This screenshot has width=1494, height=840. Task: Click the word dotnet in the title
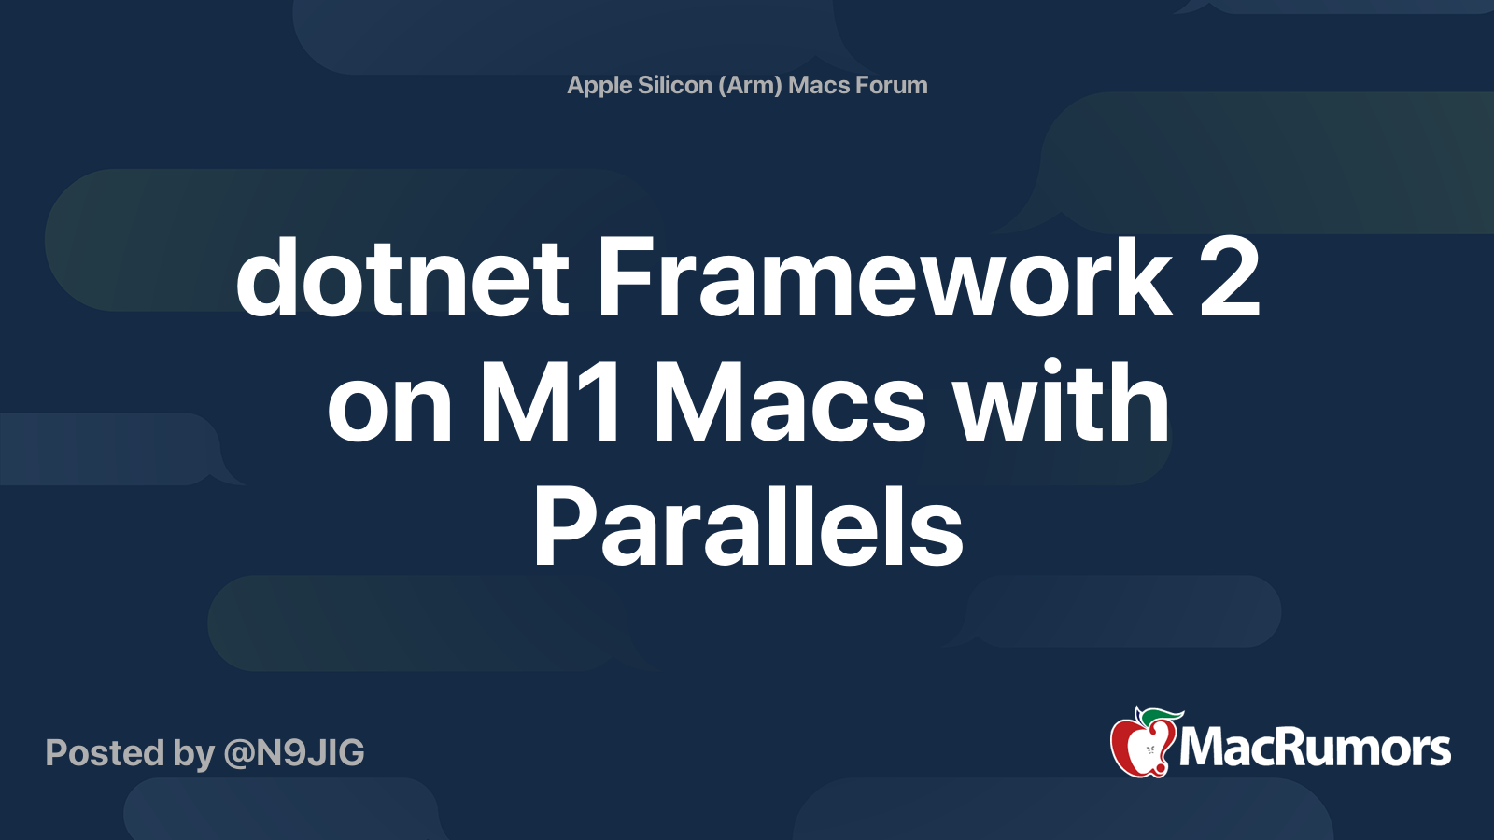pos(402,276)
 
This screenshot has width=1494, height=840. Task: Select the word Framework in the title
pos(884,276)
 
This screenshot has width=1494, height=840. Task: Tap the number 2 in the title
pos(1229,276)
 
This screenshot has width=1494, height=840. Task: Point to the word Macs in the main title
pos(790,401)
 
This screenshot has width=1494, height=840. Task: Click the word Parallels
pos(748,525)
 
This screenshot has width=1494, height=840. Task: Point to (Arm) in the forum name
pos(751,85)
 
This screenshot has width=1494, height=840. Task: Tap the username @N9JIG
pos(294,752)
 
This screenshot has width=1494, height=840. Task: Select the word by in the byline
pos(193,754)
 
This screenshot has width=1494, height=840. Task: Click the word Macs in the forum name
pos(819,85)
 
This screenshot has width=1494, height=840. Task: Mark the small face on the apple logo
pos(1149,751)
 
